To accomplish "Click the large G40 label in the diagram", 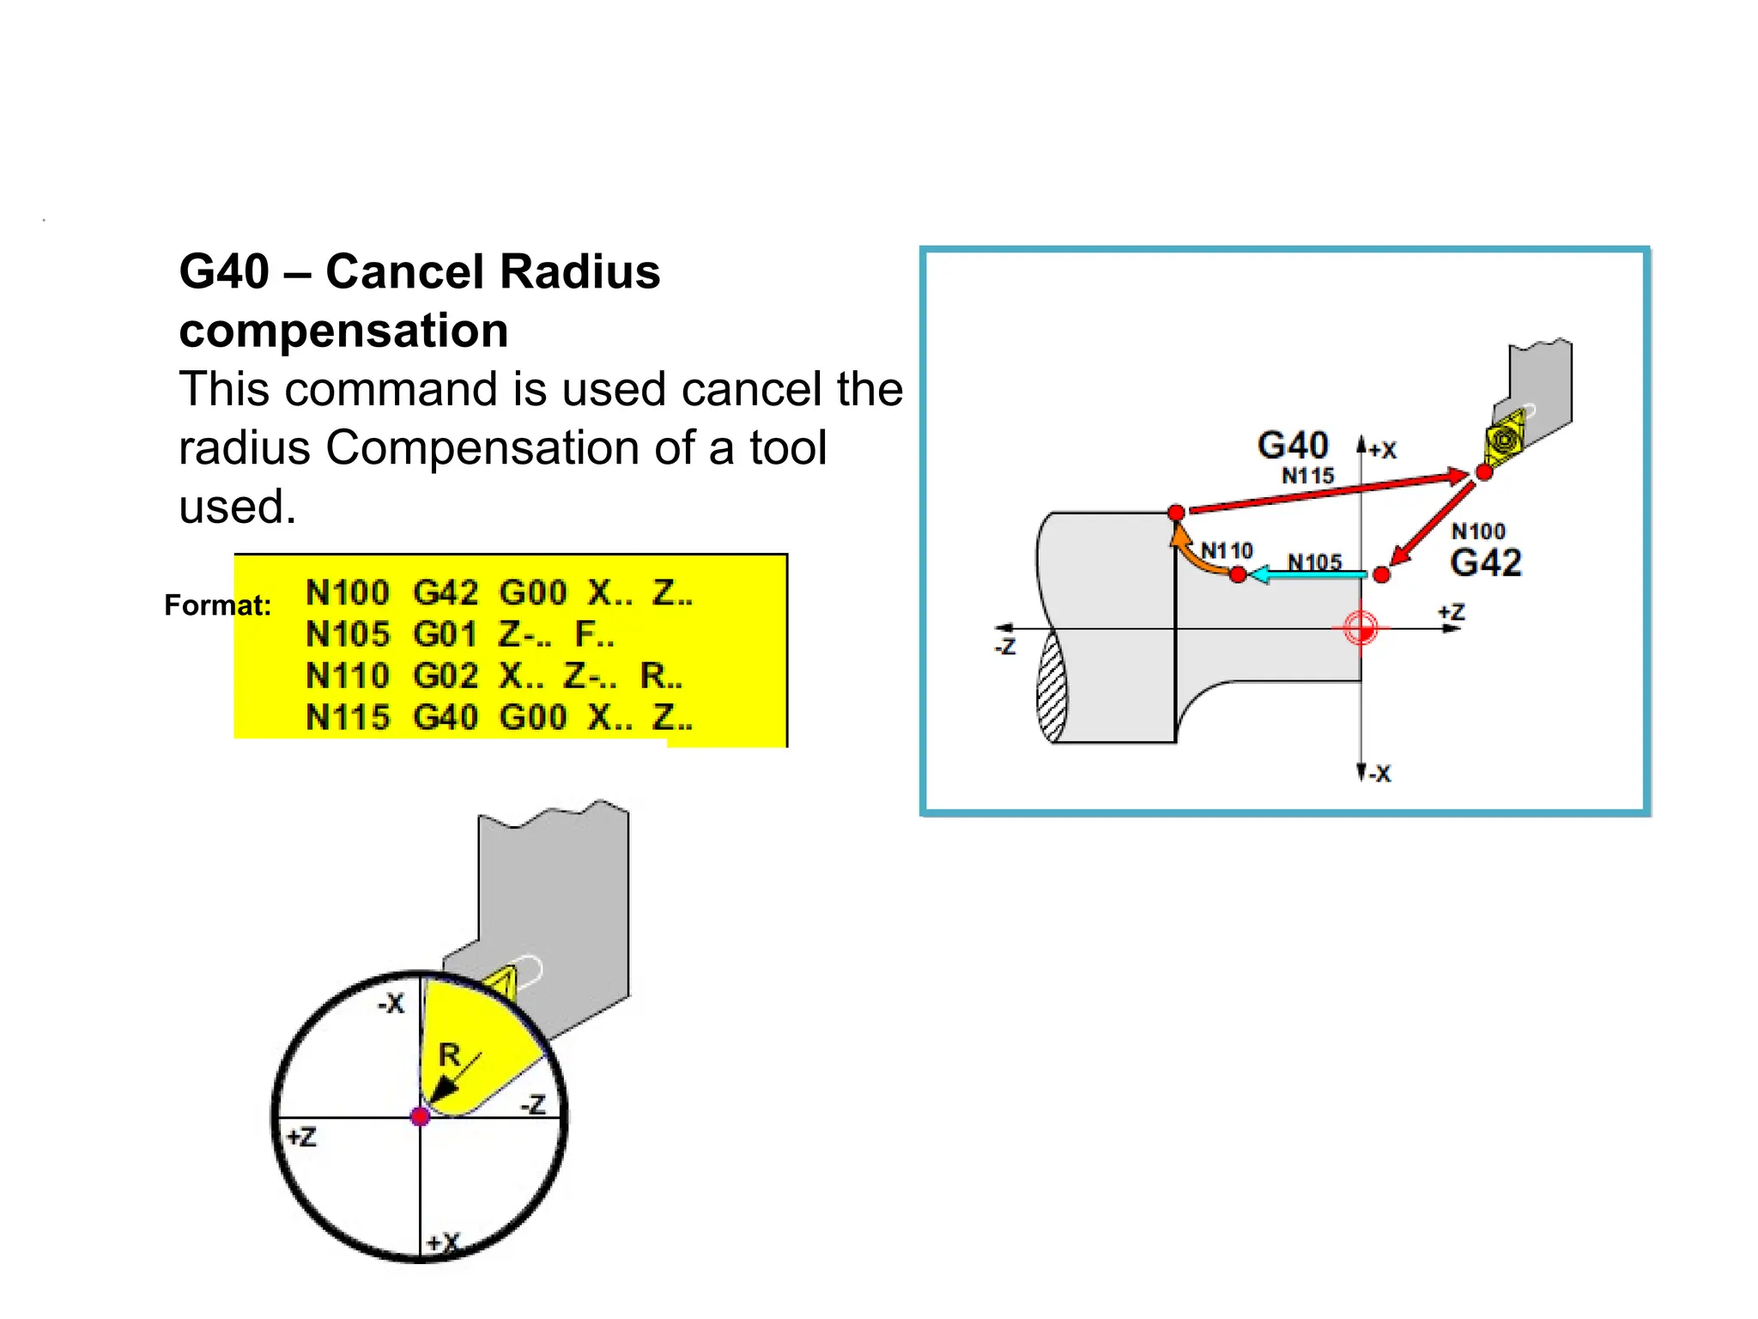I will click(x=1292, y=446).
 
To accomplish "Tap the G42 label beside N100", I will click(x=1485, y=563).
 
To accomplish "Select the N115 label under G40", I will click(x=1307, y=476).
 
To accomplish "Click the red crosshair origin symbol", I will click(x=1361, y=629).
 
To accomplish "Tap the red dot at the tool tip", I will click(x=1483, y=472).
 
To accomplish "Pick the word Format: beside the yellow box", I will click(x=217, y=605).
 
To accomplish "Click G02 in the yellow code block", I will click(x=445, y=676).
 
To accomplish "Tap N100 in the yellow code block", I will click(x=347, y=593).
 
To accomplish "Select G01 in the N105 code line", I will click(x=445, y=635).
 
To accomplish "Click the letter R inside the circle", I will click(x=449, y=1055).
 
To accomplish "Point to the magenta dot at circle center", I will click(x=420, y=1116).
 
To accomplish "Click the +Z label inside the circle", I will click(x=301, y=1137).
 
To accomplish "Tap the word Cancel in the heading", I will click(x=406, y=272).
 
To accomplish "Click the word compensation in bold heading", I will click(x=343, y=331).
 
